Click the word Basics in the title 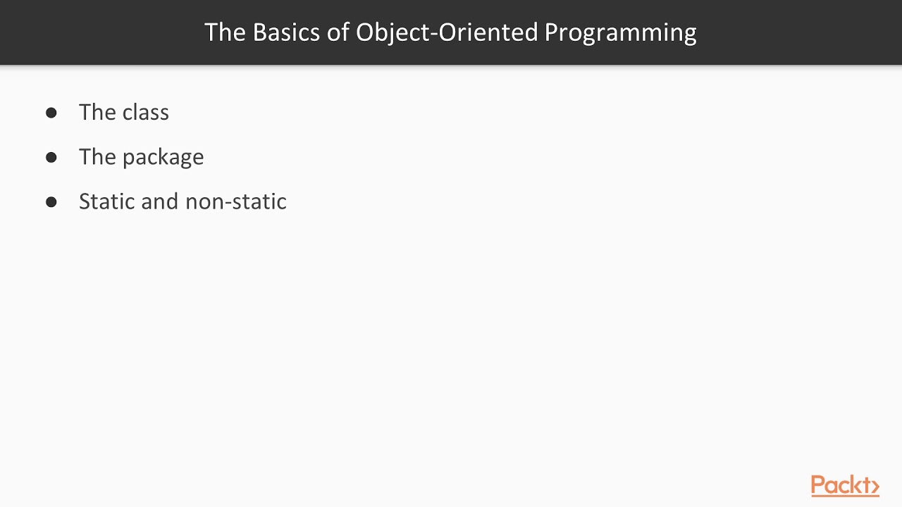(285, 32)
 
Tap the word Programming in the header (620, 33)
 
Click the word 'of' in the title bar (338, 32)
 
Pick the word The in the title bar (225, 32)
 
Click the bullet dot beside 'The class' (51, 113)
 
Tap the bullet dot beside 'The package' (51, 157)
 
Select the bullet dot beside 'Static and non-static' (51, 202)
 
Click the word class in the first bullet (145, 113)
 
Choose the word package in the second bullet (163, 158)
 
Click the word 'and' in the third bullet (160, 201)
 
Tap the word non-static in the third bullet (235, 201)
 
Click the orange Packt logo (845, 486)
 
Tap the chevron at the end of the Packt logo (874, 487)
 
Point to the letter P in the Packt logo (819, 485)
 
